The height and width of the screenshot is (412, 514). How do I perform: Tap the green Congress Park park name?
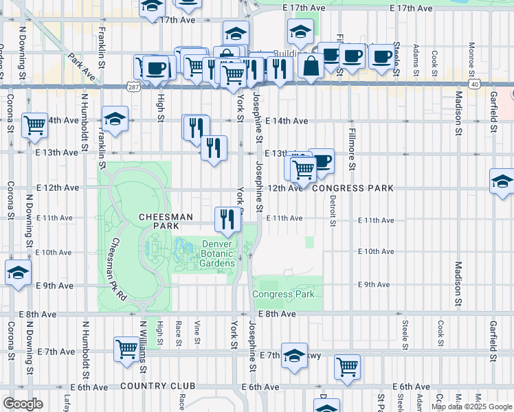[283, 295]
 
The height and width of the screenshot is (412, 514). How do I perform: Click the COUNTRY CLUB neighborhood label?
[149, 387]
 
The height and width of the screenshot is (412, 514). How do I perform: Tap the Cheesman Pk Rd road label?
[118, 268]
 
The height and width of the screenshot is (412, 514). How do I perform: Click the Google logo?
[23, 404]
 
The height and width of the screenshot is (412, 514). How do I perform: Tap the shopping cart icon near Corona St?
[34, 124]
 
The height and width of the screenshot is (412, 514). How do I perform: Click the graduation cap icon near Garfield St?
[502, 181]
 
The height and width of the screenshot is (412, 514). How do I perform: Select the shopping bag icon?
[311, 67]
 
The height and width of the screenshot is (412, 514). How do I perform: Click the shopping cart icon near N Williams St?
[126, 349]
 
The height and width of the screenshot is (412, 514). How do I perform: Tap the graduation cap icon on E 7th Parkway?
[294, 355]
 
